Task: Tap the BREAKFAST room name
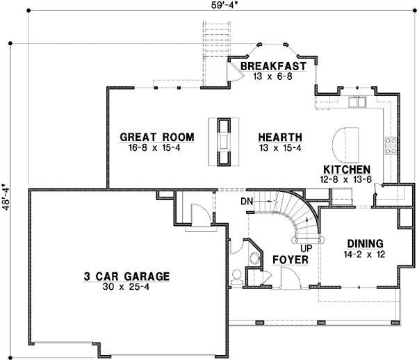coord(274,66)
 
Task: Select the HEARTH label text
coord(280,137)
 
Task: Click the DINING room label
coord(366,243)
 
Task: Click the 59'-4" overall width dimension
coord(208,6)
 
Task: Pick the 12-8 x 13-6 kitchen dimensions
coord(345,179)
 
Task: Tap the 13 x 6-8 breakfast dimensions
coord(274,76)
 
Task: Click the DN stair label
coord(246,202)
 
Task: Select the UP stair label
coord(304,247)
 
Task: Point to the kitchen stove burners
coord(391,145)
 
